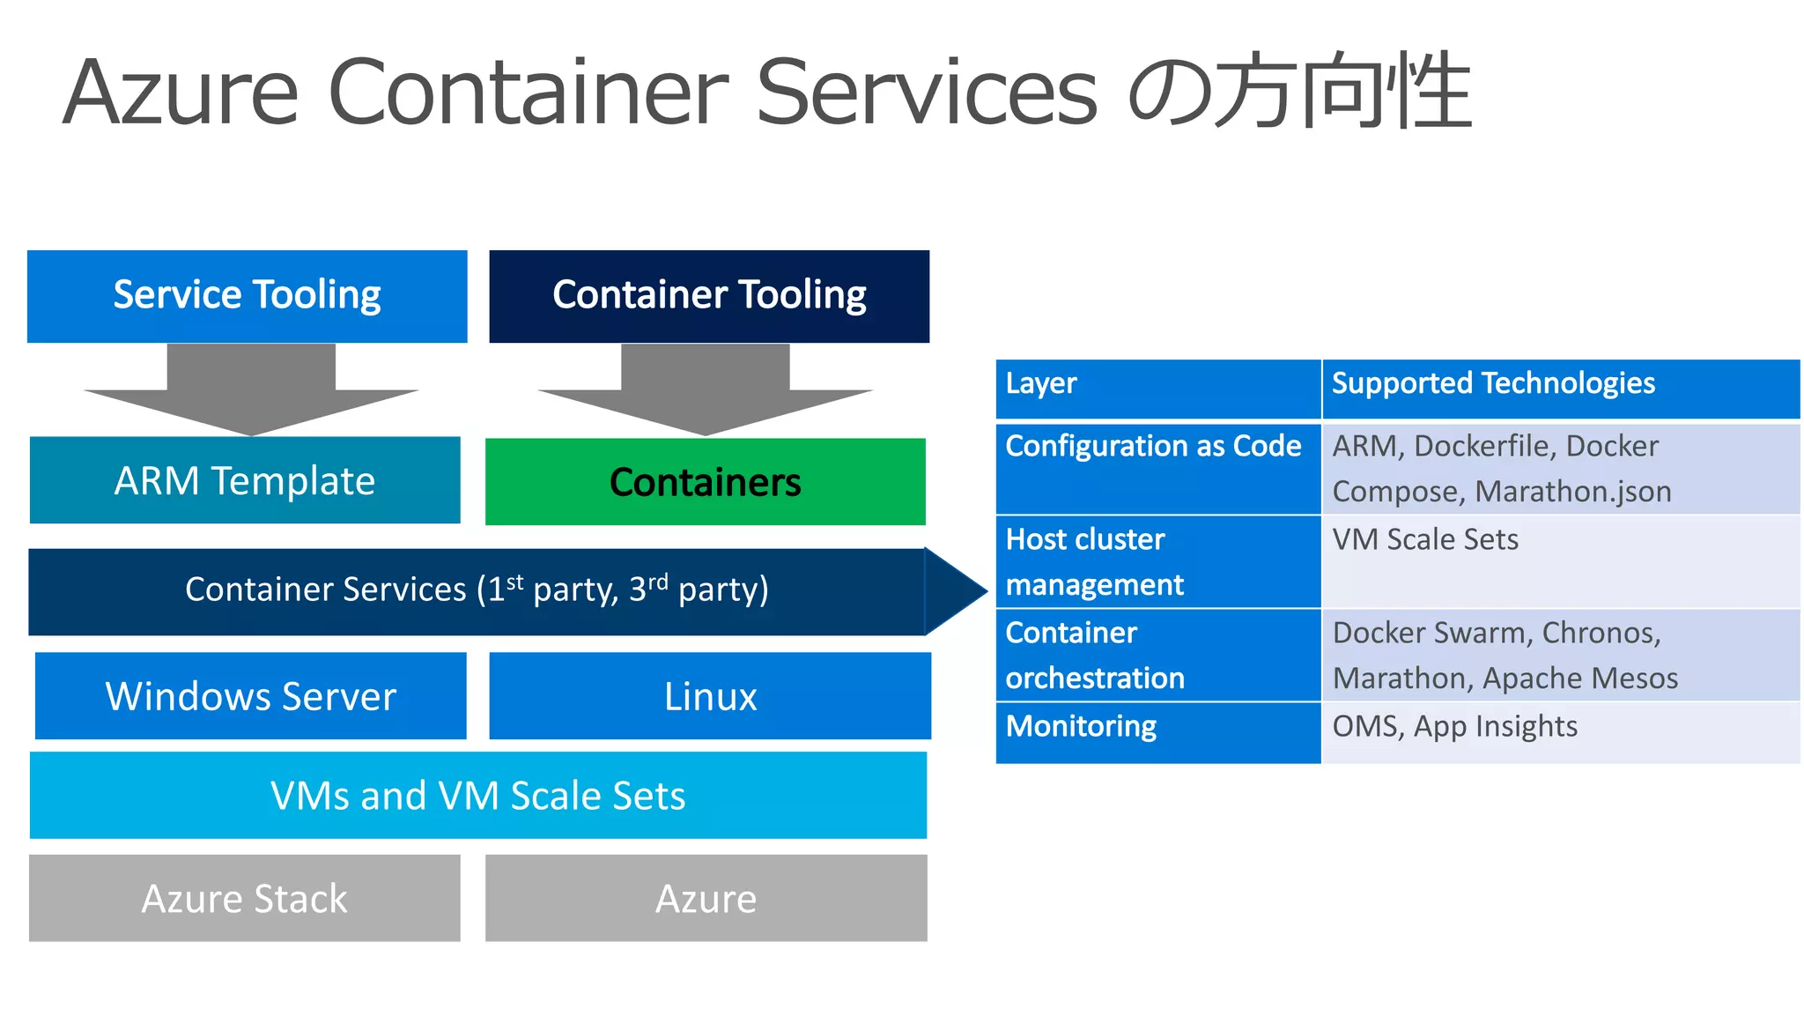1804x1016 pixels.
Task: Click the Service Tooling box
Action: pos(247,296)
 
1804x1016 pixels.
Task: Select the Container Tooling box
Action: pos(709,296)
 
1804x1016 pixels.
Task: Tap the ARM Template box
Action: pos(245,480)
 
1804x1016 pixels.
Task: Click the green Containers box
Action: pos(705,482)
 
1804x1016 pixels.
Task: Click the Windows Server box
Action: pos(251,696)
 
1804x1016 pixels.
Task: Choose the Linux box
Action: pos(710,696)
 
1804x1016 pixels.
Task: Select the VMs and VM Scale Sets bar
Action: pos(477,795)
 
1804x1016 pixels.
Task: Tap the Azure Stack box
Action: pos(245,898)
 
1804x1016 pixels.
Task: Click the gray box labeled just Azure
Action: pos(706,898)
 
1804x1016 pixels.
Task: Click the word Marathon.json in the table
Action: pos(1573,492)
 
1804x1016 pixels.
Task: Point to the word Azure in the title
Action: pos(181,92)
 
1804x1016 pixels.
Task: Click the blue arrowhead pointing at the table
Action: pos(956,590)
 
